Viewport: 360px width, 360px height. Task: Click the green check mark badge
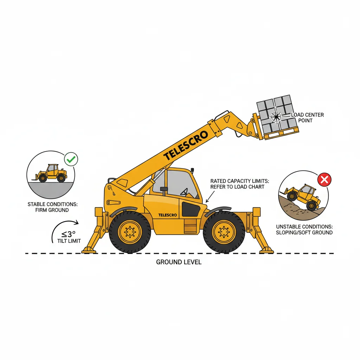click(x=71, y=159)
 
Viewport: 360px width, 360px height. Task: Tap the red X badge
click(x=324, y=180)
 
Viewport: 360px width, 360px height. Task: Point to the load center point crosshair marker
click(x=276, y=116)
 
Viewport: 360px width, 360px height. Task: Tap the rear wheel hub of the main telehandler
click(x=130, y=232)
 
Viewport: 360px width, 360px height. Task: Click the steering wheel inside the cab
click(x=184, y=192)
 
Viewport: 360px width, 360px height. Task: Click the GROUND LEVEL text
click(x=179, y=262)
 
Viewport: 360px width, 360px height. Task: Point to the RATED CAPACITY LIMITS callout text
click(x=239, y=184)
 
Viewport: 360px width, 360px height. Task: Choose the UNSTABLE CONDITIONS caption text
click(x=304, y=230)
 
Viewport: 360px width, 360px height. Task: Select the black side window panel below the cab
click(x=190, y=210)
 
